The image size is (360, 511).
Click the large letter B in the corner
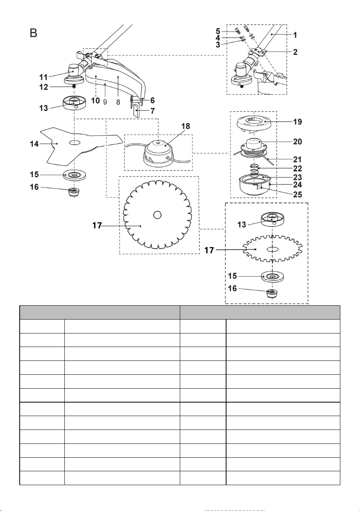pyautogui.click(x=33, y=33)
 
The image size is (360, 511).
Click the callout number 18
pyautogui.click(x=186, y=126)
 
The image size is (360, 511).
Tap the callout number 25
pyautogui.click(x=297, y=195)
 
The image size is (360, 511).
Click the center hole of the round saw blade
pyautogui.click(x=157, y=215)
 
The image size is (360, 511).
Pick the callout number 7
pyautogui.click(x=152, y=111)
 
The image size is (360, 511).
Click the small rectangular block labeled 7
pyautogui.click(x=137, y=110)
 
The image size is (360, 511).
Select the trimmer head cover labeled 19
pyautogui.click(x=254, y=125)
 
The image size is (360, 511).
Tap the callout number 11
pyautogui.click(x=44, y=77)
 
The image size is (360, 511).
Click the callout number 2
pyautogui.click(x=295, y=52)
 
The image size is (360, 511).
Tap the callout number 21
pyautogui.click(x=297, y=159)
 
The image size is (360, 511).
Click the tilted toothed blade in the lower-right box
pyautogui.click(x=272, y=249)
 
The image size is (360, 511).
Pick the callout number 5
pyautogui.click(x=218, y=31)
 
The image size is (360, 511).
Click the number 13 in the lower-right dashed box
pyautogui.click(x=242, y=225)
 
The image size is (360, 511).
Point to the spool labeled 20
pyautogui.click(x=253, y=148)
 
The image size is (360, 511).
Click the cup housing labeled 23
pyautogui.click(x=254, y=185)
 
